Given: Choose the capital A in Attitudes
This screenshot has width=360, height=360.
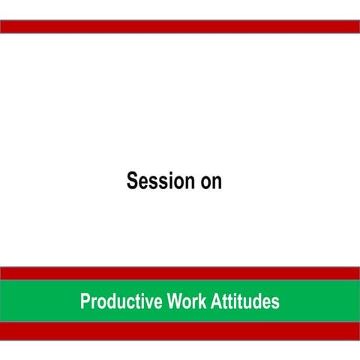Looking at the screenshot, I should pos(214,302).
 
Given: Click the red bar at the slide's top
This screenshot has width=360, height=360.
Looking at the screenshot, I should pos(180,27).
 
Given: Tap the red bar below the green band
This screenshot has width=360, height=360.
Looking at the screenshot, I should pos(180,331).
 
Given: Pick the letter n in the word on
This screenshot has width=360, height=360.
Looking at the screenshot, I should pos(217,183).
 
